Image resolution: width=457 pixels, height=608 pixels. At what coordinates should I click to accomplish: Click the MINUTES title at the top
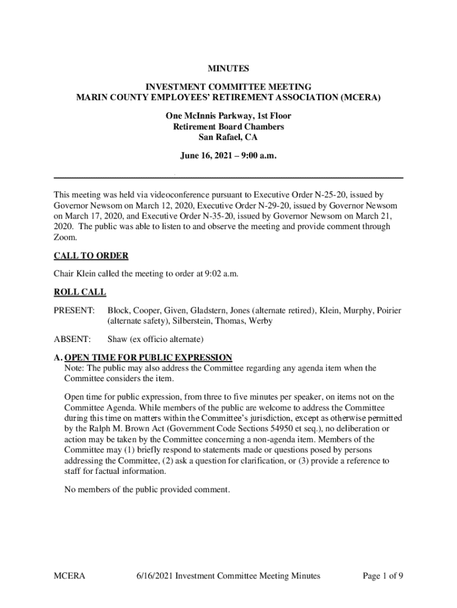(228, 69)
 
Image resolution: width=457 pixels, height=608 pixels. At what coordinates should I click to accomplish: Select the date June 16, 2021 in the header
(209, 157)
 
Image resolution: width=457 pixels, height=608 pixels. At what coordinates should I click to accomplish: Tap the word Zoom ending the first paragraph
(65, 237)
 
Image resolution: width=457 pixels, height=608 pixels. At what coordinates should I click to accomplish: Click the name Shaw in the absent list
(118, 340)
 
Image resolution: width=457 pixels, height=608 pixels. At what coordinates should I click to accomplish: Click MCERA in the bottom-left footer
(70, 575)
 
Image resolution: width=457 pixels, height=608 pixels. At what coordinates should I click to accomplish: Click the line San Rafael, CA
(228, 137)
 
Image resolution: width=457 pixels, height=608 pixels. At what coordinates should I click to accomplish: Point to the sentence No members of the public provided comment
(146, 490)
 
